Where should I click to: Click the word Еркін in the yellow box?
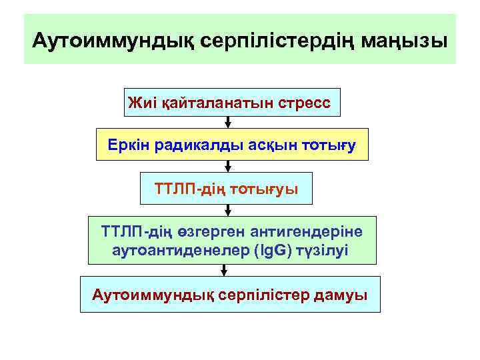coord(125,145)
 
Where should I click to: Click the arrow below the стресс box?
coord(228,122)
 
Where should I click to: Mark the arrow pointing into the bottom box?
coord(224,269)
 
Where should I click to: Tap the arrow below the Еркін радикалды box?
coord(228,167)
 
